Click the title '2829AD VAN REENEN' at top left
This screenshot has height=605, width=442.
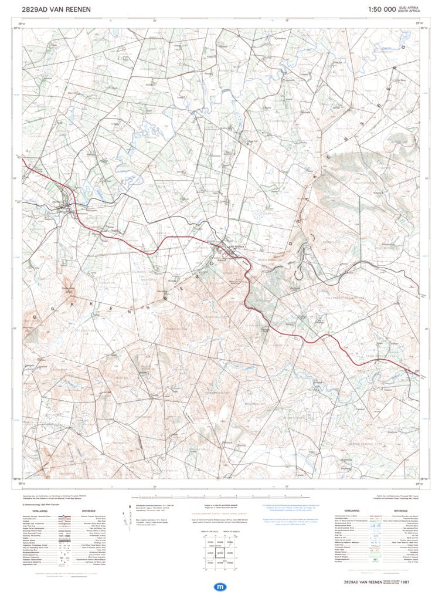pos(56,9)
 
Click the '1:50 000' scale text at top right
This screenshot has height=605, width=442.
pos(382,9)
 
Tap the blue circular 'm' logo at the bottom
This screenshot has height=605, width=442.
pos(220,586)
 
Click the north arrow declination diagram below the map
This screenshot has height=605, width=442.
pos(125,518)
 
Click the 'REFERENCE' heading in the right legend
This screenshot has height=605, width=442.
pos(404,511)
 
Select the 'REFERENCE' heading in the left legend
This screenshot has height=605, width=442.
pos(89,511)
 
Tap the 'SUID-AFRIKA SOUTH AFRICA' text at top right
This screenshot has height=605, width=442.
pos(410,9)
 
